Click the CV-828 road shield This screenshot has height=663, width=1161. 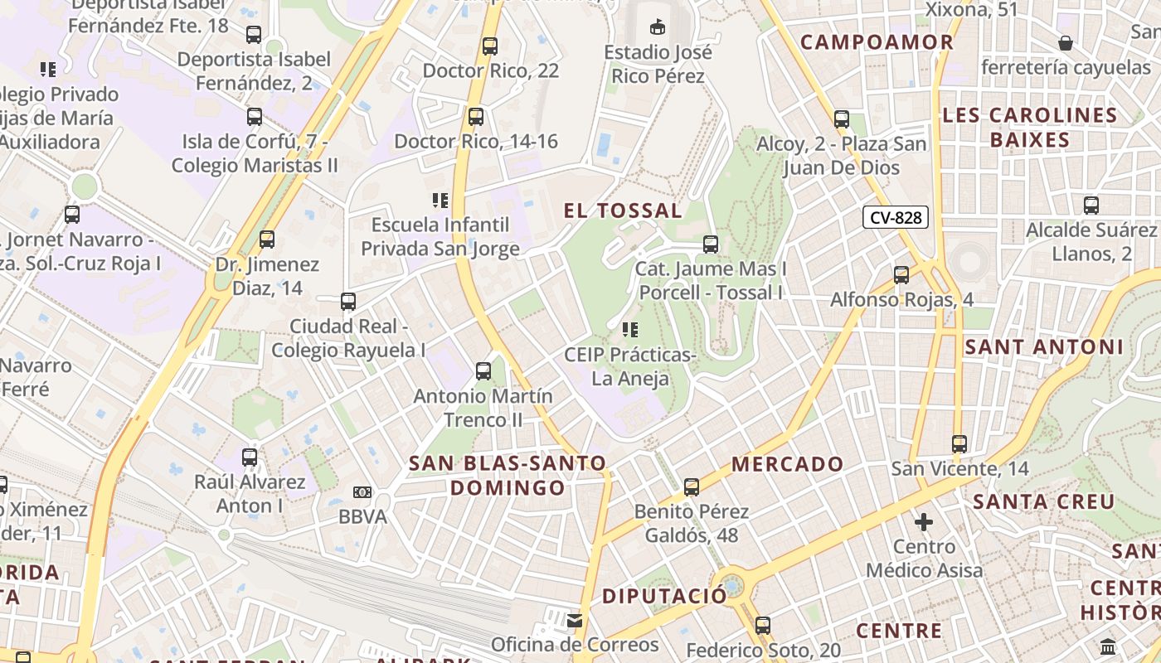pos(895,218)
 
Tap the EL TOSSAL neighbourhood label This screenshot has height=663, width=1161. pos(623,211)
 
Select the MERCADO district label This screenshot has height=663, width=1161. pos(788,464)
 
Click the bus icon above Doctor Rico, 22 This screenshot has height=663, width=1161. pos(490,46)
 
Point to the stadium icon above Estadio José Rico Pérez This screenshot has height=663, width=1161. pos(658,27)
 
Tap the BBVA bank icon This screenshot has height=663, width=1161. pos(362,492)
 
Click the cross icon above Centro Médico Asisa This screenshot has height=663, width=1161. pos(924,522)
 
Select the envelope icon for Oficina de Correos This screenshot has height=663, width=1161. pos(574,620)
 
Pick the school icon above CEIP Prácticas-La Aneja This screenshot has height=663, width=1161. pos(629,330)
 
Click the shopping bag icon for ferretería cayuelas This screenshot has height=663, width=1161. pos(1066,42)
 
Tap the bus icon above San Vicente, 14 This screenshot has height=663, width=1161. pos(959,444)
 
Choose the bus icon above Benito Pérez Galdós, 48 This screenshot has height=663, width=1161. pos(692,487)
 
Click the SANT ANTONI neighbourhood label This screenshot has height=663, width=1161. pos(1044,347)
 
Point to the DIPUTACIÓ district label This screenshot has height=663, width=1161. pos(663,596)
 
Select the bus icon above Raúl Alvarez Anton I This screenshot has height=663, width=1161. pos(250,457)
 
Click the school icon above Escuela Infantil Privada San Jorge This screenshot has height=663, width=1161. pos(440,200)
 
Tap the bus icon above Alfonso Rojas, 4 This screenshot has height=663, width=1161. pos(901,274)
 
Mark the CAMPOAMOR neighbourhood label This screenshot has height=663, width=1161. pos(877,42)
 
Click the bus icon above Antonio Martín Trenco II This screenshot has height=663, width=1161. pos(483,371)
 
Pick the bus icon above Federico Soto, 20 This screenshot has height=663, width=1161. pos(763,626)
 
